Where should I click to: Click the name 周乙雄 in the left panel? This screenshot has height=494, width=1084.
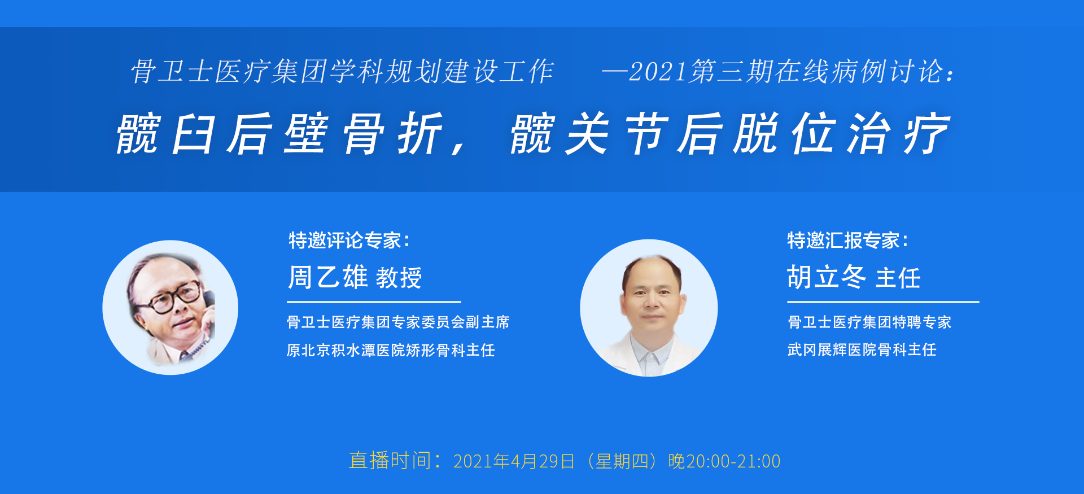[x=328, y=277]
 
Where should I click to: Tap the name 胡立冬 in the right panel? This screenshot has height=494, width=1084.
[x=827, y=277]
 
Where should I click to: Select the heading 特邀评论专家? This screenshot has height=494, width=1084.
[x=345, y=241]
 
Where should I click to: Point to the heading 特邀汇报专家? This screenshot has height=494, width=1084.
[x=843, y=241]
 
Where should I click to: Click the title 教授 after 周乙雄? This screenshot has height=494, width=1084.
[x=399, y=278]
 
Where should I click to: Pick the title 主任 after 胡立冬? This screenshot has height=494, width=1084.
[x=898, y=278]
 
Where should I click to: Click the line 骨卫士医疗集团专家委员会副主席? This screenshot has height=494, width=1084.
[x=398, y=322]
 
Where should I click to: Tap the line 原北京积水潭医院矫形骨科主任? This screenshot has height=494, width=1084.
[x=391, y=351]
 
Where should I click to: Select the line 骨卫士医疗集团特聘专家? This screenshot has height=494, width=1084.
[x=869, y=322]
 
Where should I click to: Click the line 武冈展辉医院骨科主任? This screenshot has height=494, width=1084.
[x=862, y=350]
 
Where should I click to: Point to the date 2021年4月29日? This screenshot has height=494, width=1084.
[x=514, y=461]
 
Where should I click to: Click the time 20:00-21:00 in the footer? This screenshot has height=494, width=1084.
[x=733, y=461]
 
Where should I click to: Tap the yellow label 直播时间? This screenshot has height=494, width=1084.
[x=390, y=461]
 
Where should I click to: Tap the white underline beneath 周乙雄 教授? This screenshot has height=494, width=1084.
[x=374, y=302]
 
